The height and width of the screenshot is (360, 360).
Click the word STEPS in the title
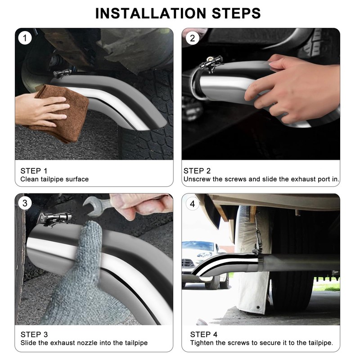pyautogui.click(x=236, y=13)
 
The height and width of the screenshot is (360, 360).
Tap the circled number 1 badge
pyautogui.click(x=25, y=38)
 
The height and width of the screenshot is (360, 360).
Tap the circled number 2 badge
pyautogui.click(x=193, y=38)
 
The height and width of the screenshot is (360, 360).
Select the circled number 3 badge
pyautogui.click(x=25, y=203)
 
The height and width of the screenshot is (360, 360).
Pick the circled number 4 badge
pyautogui.click(x=193, y=204)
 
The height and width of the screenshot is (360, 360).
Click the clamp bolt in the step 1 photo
pyautogui.click(x=62, y=73)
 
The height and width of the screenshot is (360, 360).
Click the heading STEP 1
pyautogui.click(x=34, y=171)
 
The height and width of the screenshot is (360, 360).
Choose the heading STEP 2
pyautogui.click(x=197, y=171)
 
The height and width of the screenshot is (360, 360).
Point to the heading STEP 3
pyautogui.click(x=34, y=334)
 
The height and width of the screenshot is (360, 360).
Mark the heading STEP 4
pyautogui.click(x=204, y=334)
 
